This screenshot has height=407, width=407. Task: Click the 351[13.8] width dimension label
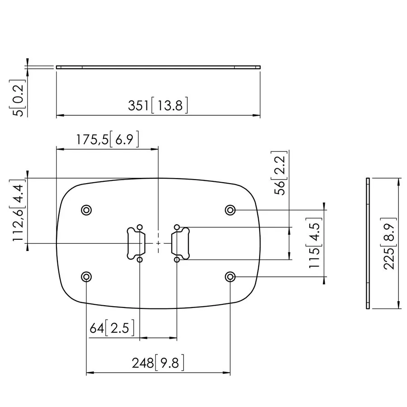[x=158, y=105]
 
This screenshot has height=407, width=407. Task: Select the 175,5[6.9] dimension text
[x=108, y=139]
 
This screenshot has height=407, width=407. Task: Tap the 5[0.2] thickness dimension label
[x=19, y=98]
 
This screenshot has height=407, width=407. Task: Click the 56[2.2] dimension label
[x=280, y=173]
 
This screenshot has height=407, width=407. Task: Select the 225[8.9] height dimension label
[x=389, y=243]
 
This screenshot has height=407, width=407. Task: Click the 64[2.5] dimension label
[x=112, y=328]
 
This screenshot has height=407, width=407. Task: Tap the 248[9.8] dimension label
[x=158, y=363]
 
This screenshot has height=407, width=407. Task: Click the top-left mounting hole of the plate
[x=86, y=210]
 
